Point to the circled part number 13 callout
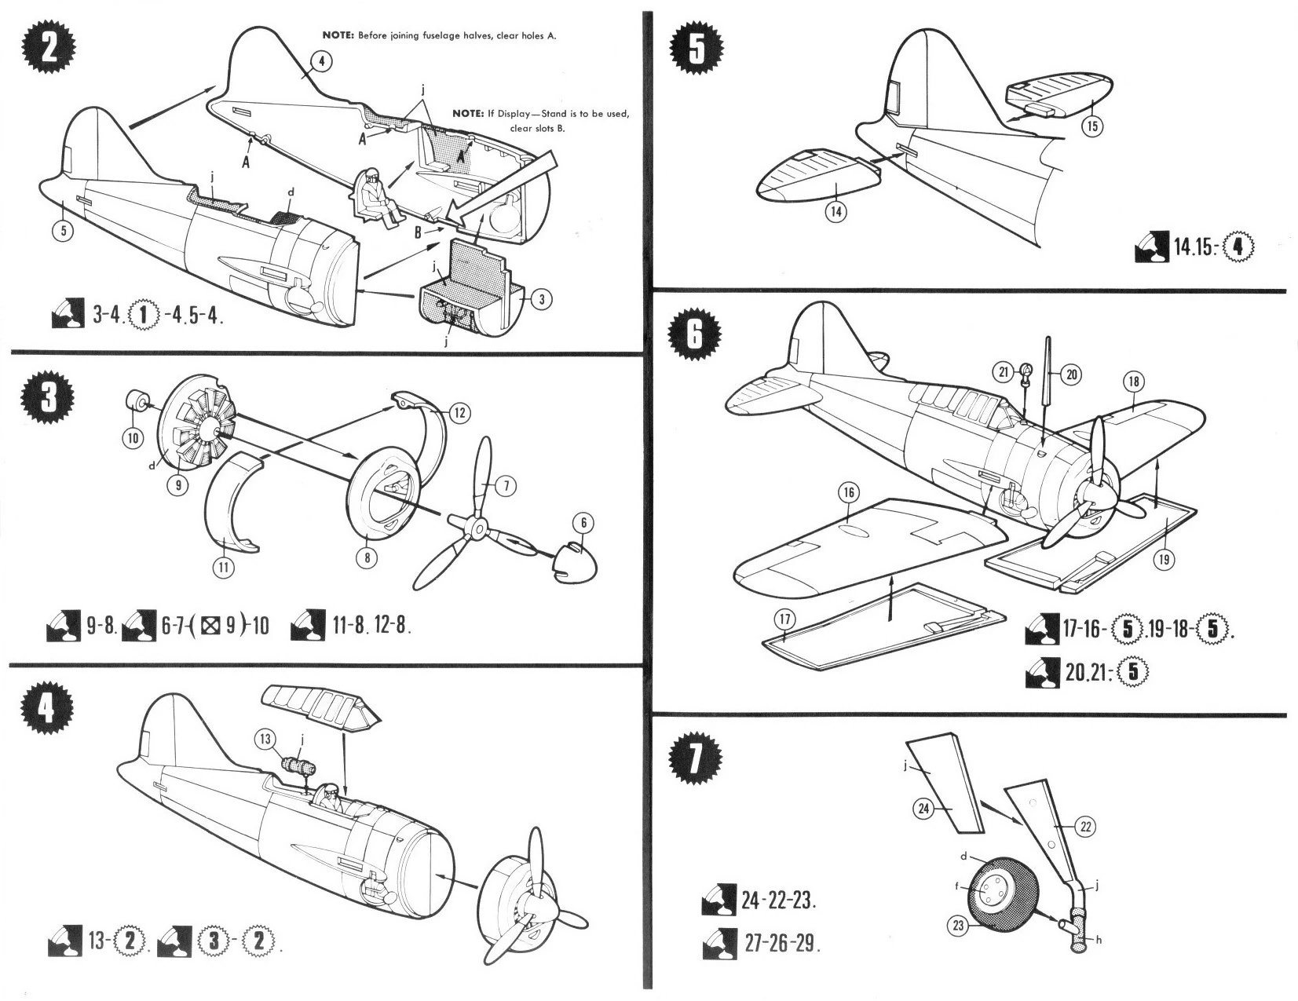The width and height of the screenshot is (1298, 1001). pyautogui.click(x=266, y=739)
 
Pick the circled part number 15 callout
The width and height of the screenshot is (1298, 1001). pyautogui.click(x=1093, y=126)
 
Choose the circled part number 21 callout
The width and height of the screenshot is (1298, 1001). pyautogui.click(x=1004, y=374)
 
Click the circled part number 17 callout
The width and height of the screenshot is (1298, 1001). pyautogui.click(x=785, y=619)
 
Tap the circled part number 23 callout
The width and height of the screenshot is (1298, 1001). pyautogui.click(x=958, y=926)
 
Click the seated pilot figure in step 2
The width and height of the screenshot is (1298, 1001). pyautogui.click(x=375, y=196)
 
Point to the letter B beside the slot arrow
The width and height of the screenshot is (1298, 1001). pyautogui.click(x=420, y=232)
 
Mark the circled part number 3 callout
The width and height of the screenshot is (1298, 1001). pyautogui.click(x=540, y=299)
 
